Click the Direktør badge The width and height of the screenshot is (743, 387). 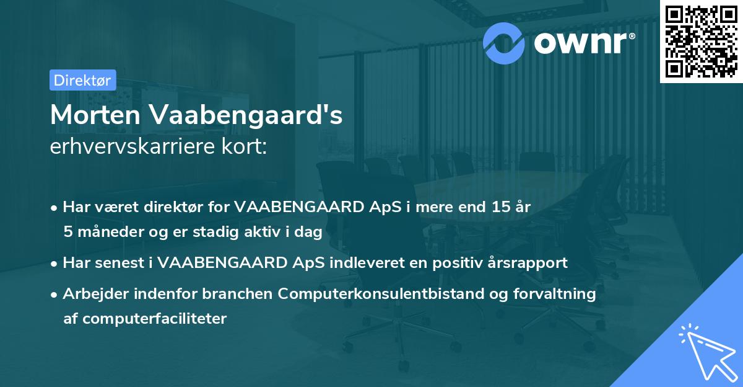82,80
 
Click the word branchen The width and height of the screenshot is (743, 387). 238,293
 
